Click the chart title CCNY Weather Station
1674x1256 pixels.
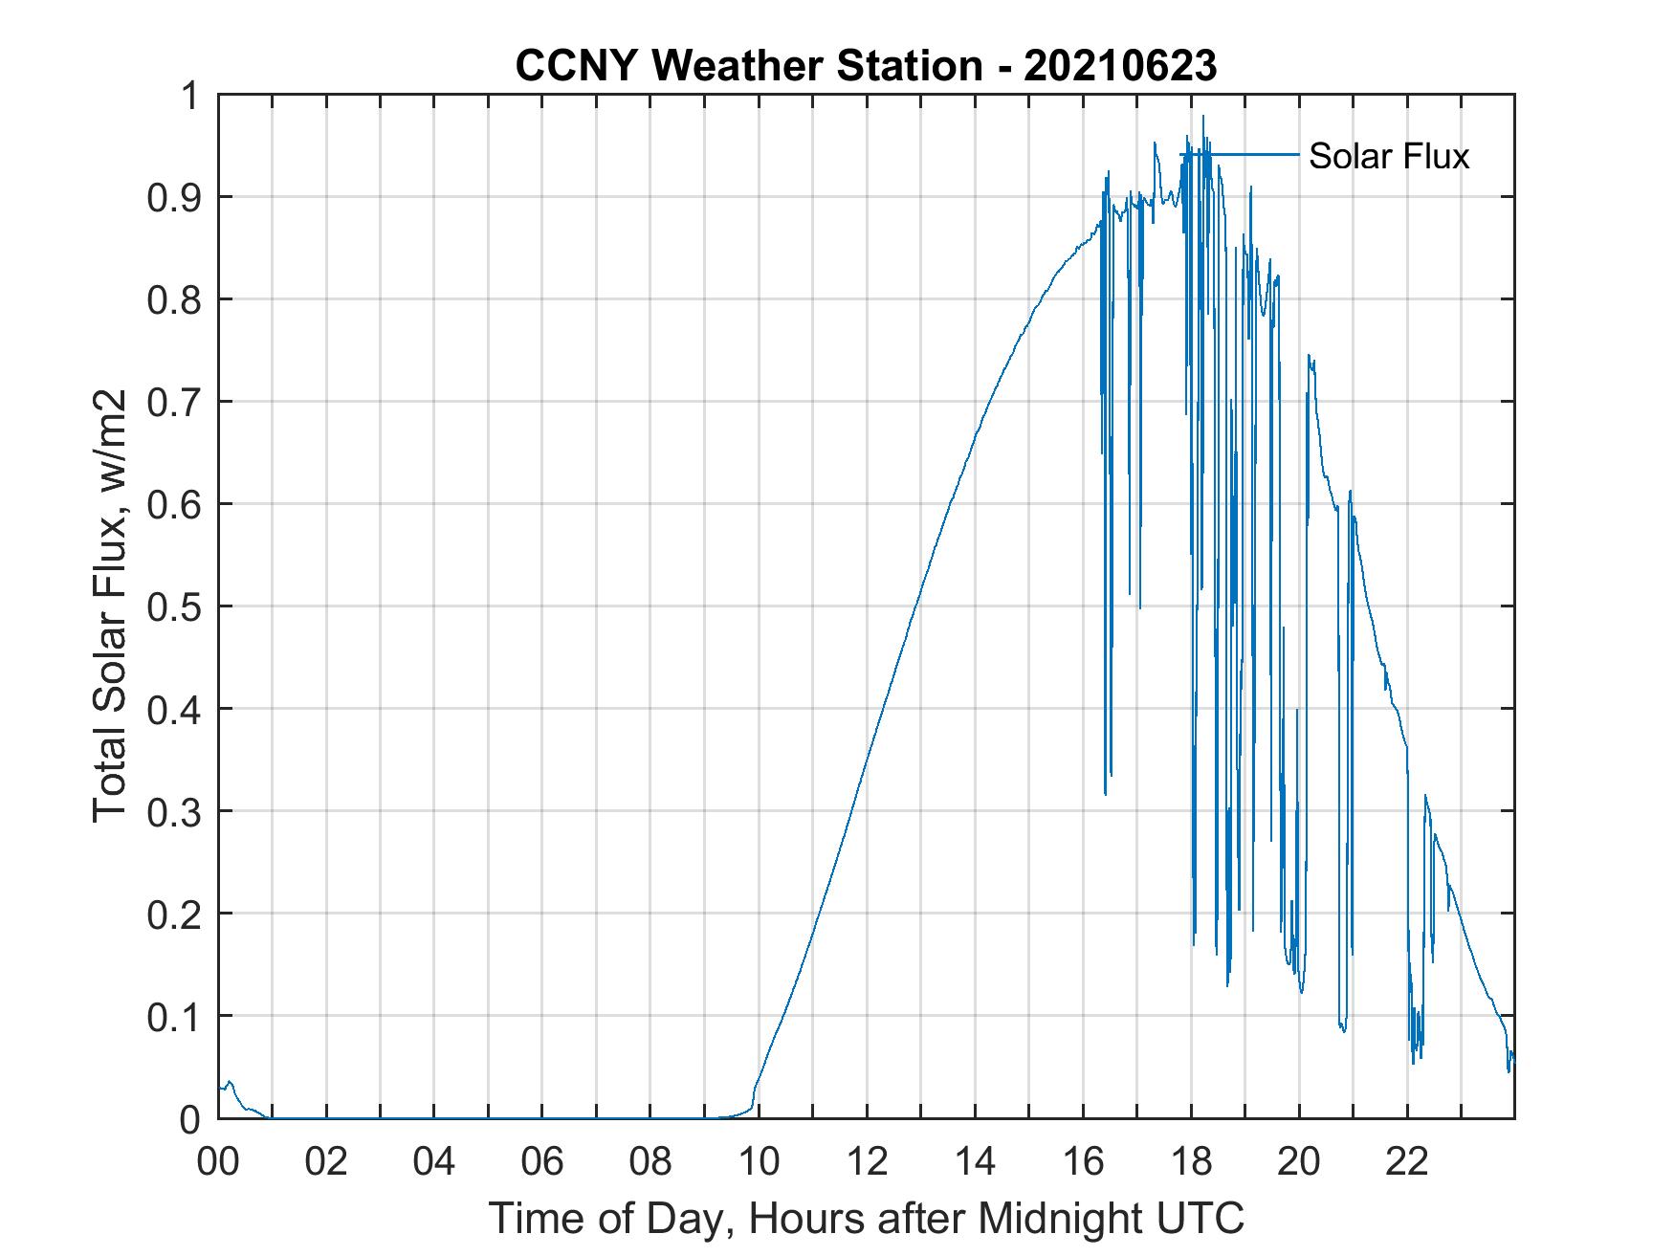748,66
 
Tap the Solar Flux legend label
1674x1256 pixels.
1388,156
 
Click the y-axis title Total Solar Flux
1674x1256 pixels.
110,606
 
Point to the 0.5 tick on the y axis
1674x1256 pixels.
175,606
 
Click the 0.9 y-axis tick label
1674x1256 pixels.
175,198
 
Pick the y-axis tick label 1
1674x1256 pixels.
191,96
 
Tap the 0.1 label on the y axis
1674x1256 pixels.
175,1016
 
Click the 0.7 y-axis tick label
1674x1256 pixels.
175,402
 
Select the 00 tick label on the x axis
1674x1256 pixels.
218,1161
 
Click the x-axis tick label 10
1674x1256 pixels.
759,1161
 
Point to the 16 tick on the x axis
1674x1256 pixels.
1084,1161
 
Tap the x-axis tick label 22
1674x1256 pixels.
1408,1161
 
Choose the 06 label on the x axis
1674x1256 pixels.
542,1161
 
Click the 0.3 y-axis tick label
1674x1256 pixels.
175,811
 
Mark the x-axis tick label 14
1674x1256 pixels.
975,1161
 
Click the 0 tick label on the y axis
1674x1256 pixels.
191,1118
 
